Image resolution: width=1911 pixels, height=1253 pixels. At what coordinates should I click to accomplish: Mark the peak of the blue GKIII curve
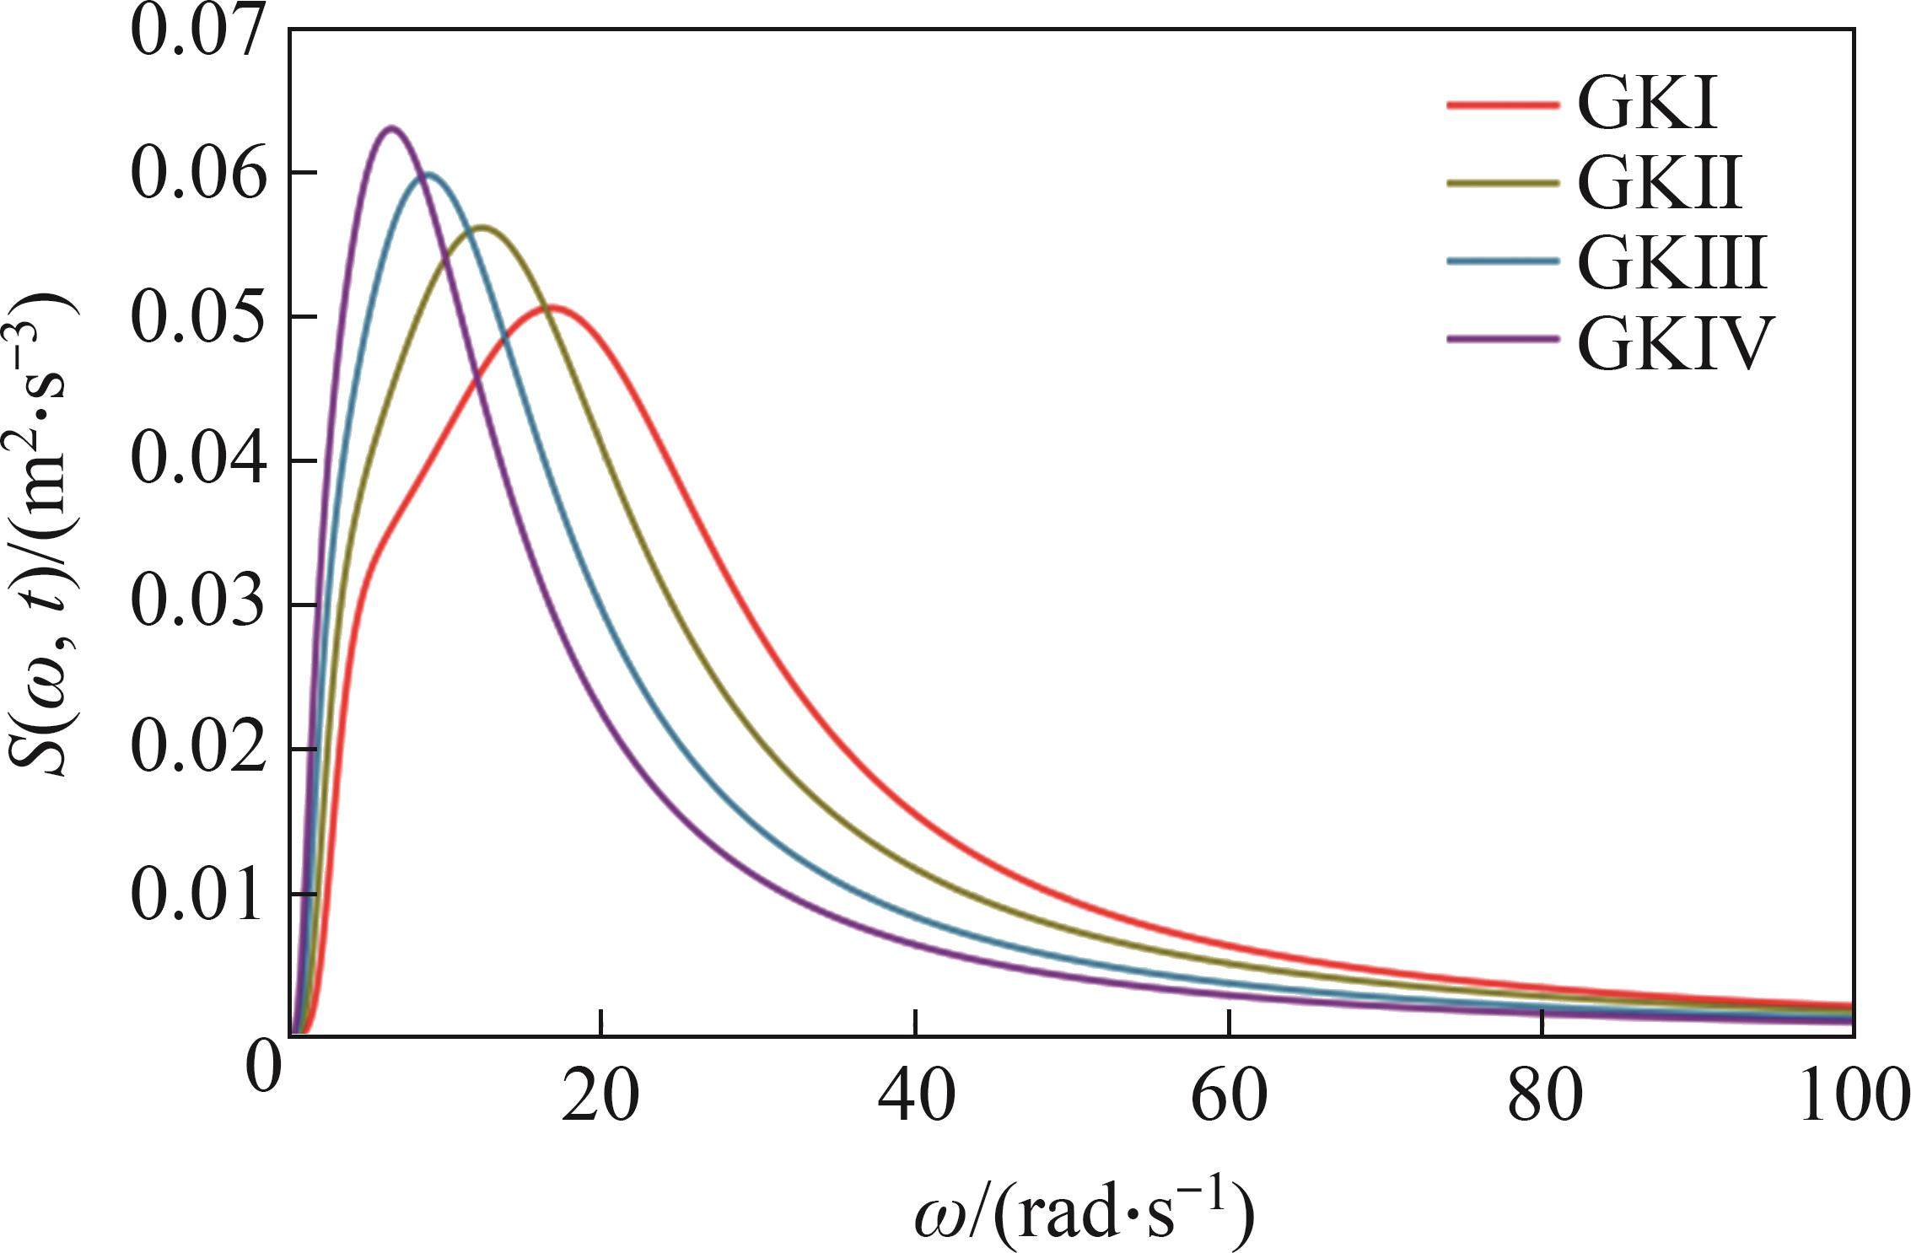(429, 175)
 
